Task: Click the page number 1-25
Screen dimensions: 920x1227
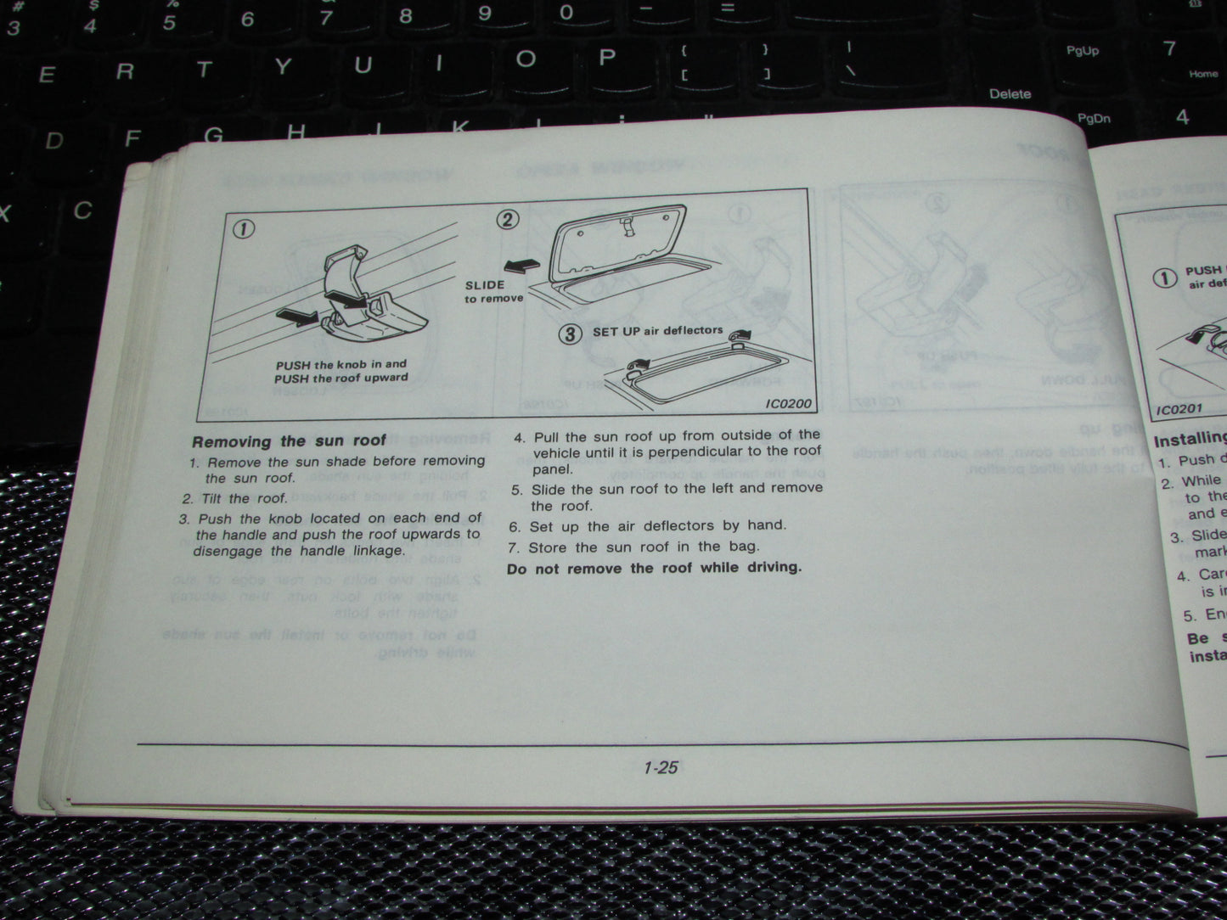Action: (x=660, y=767)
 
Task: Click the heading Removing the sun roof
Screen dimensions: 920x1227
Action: (x=289, y=441)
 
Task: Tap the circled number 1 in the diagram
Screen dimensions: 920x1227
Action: (x=245, y=229)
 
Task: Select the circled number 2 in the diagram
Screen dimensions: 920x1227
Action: (x=507, y=220)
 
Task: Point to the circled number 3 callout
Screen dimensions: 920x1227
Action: (x=570, y=334)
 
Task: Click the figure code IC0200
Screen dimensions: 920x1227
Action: (x=788, y=404)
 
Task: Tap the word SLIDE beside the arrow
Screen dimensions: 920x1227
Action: (x=485, y=285)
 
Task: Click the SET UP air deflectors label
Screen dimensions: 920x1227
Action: (x=657, y=330)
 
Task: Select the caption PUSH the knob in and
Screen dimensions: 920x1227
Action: (x=341, y=364)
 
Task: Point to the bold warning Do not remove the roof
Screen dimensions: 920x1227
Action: (x=654, y=568)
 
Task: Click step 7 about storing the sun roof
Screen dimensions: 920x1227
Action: (x=635, y=547)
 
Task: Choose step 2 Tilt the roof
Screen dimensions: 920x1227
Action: (x=235, y=498)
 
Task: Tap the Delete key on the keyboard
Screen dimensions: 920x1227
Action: (x=1010, y=93)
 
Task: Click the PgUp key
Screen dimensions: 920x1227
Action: (x=1082, y=51)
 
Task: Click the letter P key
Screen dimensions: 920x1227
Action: (x=606, y=58)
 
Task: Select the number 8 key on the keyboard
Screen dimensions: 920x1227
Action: (x=406, y=15)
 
